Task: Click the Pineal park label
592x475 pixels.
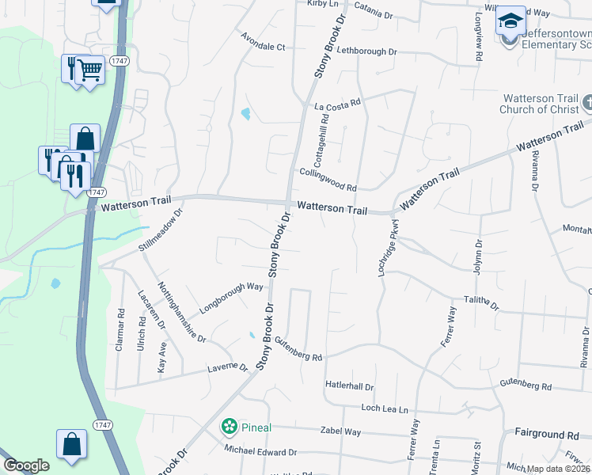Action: [x=256, y=427]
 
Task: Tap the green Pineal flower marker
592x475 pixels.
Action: [x=230, y=427]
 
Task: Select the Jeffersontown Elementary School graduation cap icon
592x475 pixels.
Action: [x=510, y=21]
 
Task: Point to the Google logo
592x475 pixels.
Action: [x=26, y=466]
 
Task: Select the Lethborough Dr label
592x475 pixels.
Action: [x=366, y=51]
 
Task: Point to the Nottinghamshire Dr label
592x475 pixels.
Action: [x=181, y=312]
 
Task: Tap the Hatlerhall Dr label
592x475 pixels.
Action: [x=349, y=385]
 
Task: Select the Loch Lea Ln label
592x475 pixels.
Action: [x=384, y=409]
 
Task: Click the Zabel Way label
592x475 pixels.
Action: [x=340, y=431]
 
